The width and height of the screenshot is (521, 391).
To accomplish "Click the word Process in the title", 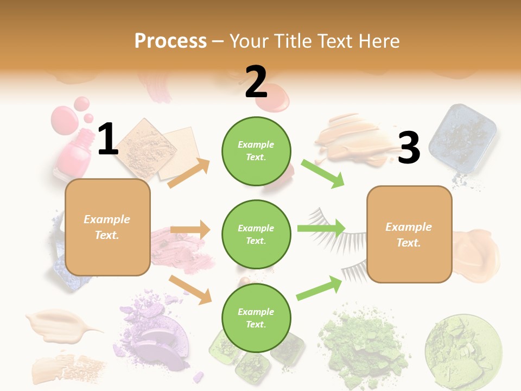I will coord(170,41).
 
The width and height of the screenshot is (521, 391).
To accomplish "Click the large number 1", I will coord(108,140).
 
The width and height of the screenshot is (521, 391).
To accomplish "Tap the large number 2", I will coord(256,82).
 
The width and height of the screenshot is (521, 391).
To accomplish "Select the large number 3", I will coord(409,148).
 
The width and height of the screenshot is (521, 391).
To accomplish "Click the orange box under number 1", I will coord(107,227).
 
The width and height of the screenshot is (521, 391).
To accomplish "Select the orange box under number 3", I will coord(409,234).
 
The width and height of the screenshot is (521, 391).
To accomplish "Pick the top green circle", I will coord(256,151).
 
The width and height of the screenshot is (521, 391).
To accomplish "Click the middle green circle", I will coord(256,234).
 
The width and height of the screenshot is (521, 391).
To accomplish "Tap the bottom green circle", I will coord(256,318).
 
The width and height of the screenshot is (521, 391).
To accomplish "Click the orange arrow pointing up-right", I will coord(189,173).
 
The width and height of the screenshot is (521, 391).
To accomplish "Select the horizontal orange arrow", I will coord(190,230).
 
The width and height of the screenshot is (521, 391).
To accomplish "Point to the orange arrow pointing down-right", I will coord(190,289).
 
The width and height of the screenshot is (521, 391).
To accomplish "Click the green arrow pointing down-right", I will coord(323,174).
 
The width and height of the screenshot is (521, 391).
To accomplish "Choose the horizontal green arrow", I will coord(321,228).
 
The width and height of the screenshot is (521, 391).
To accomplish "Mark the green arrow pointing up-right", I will coord(320,288).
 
